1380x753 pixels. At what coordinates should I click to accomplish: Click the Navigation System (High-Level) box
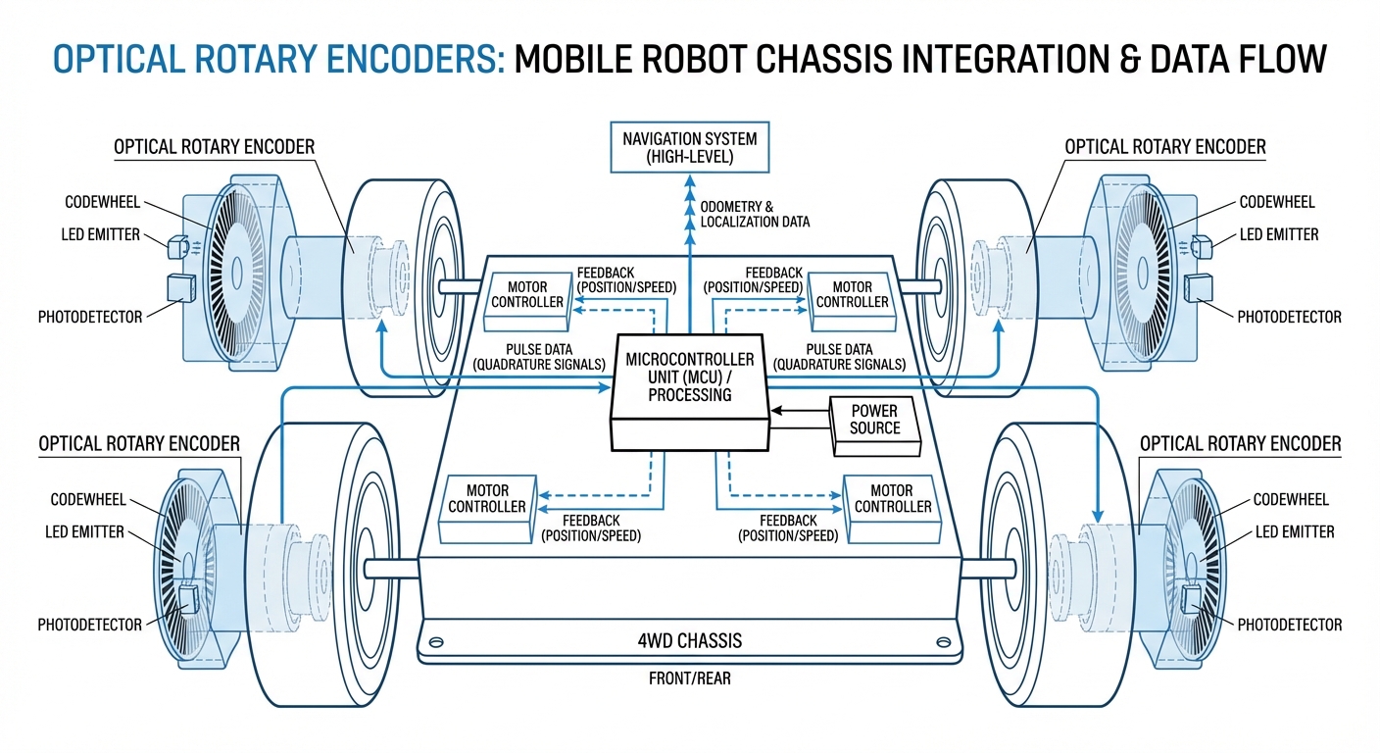point(689,148)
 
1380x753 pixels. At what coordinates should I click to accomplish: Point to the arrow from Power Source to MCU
point(799,410)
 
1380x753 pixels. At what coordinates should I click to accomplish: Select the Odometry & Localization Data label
point(755,214)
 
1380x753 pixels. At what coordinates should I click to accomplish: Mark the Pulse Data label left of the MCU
point(538,357)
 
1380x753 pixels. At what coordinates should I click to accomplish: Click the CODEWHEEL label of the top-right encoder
point(1276,202)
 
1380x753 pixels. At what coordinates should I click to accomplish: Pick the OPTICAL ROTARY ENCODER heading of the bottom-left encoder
point(139,444)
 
